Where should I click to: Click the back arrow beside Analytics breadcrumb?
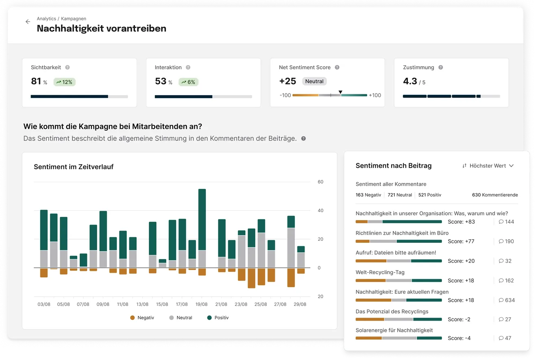click(x=28, y=22)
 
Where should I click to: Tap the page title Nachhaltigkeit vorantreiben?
click(x=101, y=28)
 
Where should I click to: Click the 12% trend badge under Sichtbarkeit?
click(x=64, y=82)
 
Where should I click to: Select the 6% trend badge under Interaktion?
click(x=188, y=82)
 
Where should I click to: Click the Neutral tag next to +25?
click(x=314, y=81)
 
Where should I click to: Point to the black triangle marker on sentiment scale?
click(x=341, y=92)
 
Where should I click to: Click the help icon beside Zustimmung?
click(x=441, y=68)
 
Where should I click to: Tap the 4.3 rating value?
click(x=410, y=81)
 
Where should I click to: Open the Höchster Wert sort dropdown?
click(x=488, y=166)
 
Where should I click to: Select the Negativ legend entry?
click(x=142, y=318)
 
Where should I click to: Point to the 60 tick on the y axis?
click(x=320, y=182)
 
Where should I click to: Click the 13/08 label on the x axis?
click(x=142, y=304)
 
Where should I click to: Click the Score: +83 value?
click(x=461, y=222)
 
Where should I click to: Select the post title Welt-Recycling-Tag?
click(x=380, y=272)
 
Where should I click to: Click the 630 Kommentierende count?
click(x=495, y=195)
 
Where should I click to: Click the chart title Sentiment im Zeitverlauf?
click(x=74, y=167)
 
